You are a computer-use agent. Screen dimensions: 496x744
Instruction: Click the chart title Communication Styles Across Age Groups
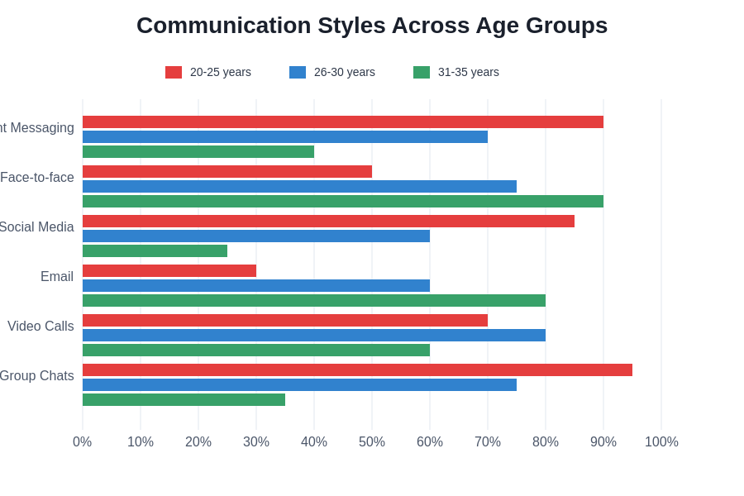coord(372,26)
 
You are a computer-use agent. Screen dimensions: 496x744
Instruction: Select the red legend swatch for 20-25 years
coord(174,73)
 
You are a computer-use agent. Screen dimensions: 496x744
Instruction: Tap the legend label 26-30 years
coord(344,73)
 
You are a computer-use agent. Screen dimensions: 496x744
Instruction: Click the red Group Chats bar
coord(357,370)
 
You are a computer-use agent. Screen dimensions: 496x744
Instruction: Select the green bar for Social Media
coord(155,251)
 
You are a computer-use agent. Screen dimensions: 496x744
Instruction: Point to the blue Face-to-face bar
coord(299,187)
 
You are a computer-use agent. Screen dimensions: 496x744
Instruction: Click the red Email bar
coord(169,271)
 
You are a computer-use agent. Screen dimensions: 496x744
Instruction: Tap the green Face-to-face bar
coord(343,202)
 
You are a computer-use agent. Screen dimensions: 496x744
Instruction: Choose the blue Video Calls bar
coord(314,336)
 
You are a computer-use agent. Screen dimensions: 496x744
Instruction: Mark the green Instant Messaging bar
coord(198,152)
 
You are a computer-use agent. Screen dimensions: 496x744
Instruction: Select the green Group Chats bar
coord(184,400)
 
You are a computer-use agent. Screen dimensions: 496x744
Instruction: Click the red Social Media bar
coord(328,222)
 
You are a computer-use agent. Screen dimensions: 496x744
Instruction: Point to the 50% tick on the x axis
coord(372,442)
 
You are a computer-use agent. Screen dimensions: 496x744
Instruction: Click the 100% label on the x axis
coord(661,442)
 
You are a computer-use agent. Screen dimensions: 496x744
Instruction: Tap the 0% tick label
coord(82,442)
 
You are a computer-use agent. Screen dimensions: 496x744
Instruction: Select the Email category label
coord(57,277)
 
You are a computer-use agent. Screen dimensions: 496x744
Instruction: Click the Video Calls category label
coord(41,327)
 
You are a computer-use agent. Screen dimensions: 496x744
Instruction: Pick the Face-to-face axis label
coord(37,178)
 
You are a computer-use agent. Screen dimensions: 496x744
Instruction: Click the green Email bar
coord(314,301)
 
